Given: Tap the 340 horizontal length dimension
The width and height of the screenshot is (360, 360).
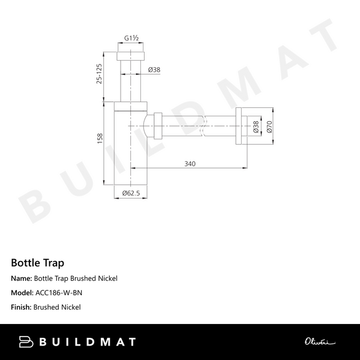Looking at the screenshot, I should [x=190, y=163].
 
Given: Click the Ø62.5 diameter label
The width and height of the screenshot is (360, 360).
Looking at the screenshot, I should [x=131, y=193].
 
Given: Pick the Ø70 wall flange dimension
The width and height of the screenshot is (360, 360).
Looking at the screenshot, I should [x=269, y=127].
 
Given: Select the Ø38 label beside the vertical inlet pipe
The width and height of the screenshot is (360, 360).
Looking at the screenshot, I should [x=154, y=70].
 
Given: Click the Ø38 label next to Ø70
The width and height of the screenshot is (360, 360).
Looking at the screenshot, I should [x=256, y=127].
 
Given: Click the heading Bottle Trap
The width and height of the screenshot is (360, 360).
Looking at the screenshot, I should [x=37, y=263].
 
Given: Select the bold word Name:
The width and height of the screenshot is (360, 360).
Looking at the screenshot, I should [x=22, y=278].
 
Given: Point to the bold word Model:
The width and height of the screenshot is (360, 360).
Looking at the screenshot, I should [x=22, y=293].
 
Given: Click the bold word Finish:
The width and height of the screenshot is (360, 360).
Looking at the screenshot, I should [x=22, y=307].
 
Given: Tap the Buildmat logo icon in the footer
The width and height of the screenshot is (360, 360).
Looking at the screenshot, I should [x=28, y=342].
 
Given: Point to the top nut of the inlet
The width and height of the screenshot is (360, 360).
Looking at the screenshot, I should [x=131, y=56].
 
